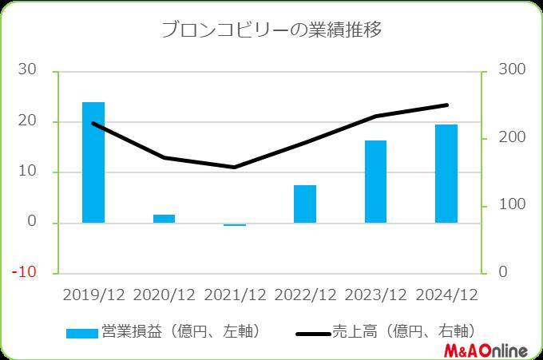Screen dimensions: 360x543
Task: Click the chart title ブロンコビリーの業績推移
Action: (x=271, y=31)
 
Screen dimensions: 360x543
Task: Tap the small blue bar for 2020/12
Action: (x=164, y=218)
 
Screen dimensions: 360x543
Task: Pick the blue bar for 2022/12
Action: (x=305, y=204)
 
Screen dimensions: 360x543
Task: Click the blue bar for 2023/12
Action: (x=375, y=181)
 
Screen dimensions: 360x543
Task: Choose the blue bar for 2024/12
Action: (x=446, y=173)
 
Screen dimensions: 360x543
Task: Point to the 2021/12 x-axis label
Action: (x=235, y=295)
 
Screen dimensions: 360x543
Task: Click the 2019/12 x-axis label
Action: (x=93, y=295)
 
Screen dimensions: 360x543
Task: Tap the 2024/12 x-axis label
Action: (x=446, y=295)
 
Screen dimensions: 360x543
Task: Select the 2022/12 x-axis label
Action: (x=305, y=295)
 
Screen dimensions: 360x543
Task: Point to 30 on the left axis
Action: (x=27, y=70)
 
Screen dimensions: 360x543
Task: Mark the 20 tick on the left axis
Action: (x=27, y=121)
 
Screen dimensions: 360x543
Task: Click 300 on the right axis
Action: (x=511, y=70)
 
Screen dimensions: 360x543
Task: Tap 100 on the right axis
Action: (x=511, y=205)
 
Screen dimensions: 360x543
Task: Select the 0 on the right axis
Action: (x=501, y=272)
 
